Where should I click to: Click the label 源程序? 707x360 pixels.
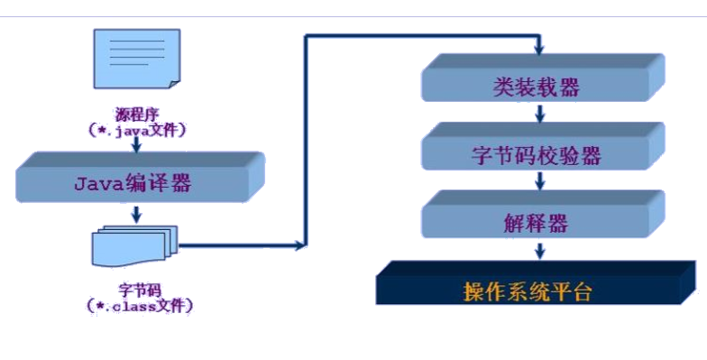pyautogui.click(x=137, y=115)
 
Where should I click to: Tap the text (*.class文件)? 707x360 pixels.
pyautogui.click(x=138, y=305)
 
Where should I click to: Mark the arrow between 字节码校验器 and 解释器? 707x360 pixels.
pyautogui.click(x=539, y=181)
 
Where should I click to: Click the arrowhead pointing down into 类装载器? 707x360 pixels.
pyautogui.click(x=539, y=48)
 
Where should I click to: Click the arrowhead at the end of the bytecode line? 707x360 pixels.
pyautogui.click(x=301, y=244)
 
